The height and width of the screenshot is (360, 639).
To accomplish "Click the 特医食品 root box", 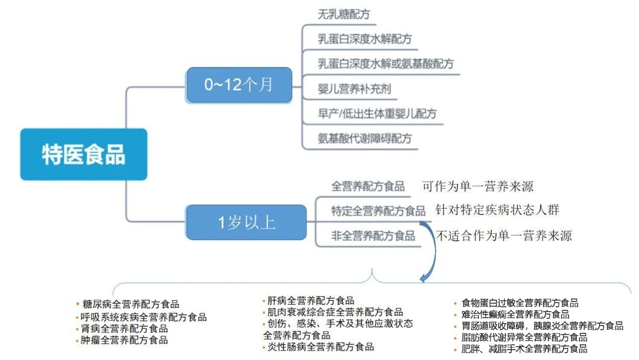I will (x=83, y=154).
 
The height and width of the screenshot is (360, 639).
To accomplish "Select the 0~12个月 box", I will (x=239, y=85).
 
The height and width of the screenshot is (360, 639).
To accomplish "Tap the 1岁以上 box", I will (x=246, y=223).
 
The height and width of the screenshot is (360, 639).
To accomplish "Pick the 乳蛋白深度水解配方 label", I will (x=365, y=39).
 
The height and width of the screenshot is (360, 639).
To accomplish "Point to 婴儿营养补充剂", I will (x=354, y=90).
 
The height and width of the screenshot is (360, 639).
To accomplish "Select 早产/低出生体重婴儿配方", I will (x=377, y=113).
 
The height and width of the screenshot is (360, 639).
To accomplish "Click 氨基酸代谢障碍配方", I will (x=365, y=138).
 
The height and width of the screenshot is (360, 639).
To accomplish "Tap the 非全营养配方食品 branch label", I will (x=373, y=236).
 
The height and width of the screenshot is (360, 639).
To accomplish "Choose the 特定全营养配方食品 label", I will (x=378, y=211).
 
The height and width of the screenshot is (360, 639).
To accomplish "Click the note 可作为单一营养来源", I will (x=478, y=186).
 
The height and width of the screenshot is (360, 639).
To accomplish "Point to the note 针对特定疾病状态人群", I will (x=497, y=210).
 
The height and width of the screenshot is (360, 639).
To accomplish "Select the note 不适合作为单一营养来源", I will (x=503, y=236).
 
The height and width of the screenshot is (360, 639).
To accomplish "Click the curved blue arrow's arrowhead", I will (x=424, y=277).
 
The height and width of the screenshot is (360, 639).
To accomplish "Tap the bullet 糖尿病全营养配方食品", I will (x=131, y=305).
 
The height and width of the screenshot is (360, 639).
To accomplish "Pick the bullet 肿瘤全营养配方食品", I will (x=125, y=340).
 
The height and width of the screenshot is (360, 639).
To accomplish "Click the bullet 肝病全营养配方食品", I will (x=311, y=300).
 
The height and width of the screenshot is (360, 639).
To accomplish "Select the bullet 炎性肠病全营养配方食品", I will (x=321, y=347).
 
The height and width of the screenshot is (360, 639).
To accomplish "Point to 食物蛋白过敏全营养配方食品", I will (x=520, y=303).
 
